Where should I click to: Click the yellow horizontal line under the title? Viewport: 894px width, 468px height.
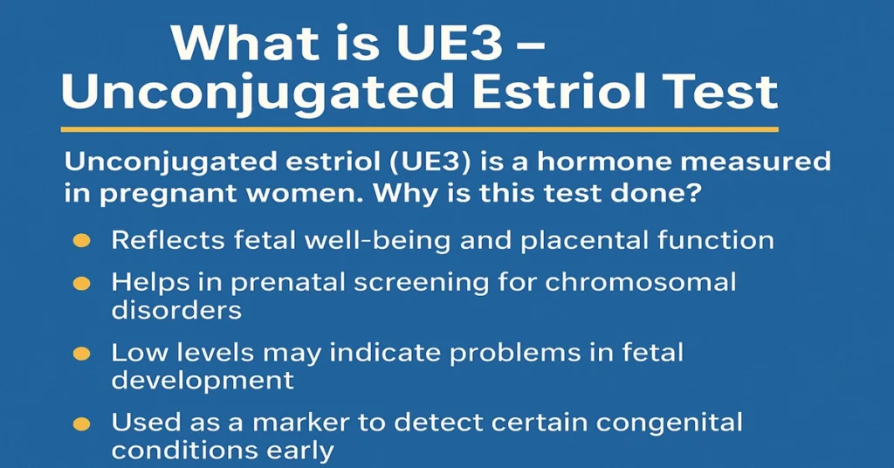[x=418, y=129]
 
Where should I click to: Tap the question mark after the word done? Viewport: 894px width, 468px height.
[x=691, y=194]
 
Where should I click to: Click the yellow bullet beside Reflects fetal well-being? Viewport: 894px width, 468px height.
[x=80, y=241]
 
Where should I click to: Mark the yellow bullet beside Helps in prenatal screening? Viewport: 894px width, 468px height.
[x=80, y=284]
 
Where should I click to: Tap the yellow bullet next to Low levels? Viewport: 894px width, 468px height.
[x=80, y=354]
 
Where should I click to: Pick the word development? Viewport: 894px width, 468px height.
[x=202, y=382]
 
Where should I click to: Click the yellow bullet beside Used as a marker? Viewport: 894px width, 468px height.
[x=80, y=425]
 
